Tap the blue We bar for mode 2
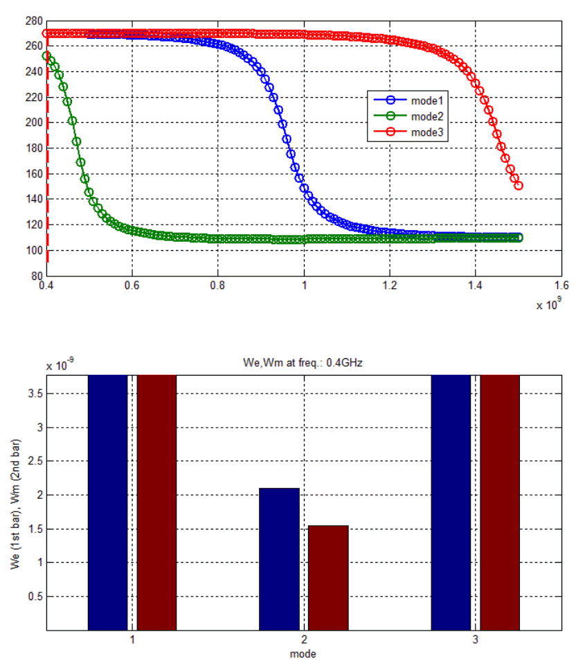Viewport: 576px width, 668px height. point(280,559)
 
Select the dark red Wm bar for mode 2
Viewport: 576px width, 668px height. point(328,578)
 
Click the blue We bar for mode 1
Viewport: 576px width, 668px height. point(108,502)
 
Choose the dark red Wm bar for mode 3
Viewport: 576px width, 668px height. point(500,502)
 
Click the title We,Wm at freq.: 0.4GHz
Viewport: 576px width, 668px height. point(303,360)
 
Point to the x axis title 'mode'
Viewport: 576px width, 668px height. point(303,653)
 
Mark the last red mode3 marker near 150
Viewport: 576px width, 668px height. point(518,186)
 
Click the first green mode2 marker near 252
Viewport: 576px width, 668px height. point(47,56)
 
